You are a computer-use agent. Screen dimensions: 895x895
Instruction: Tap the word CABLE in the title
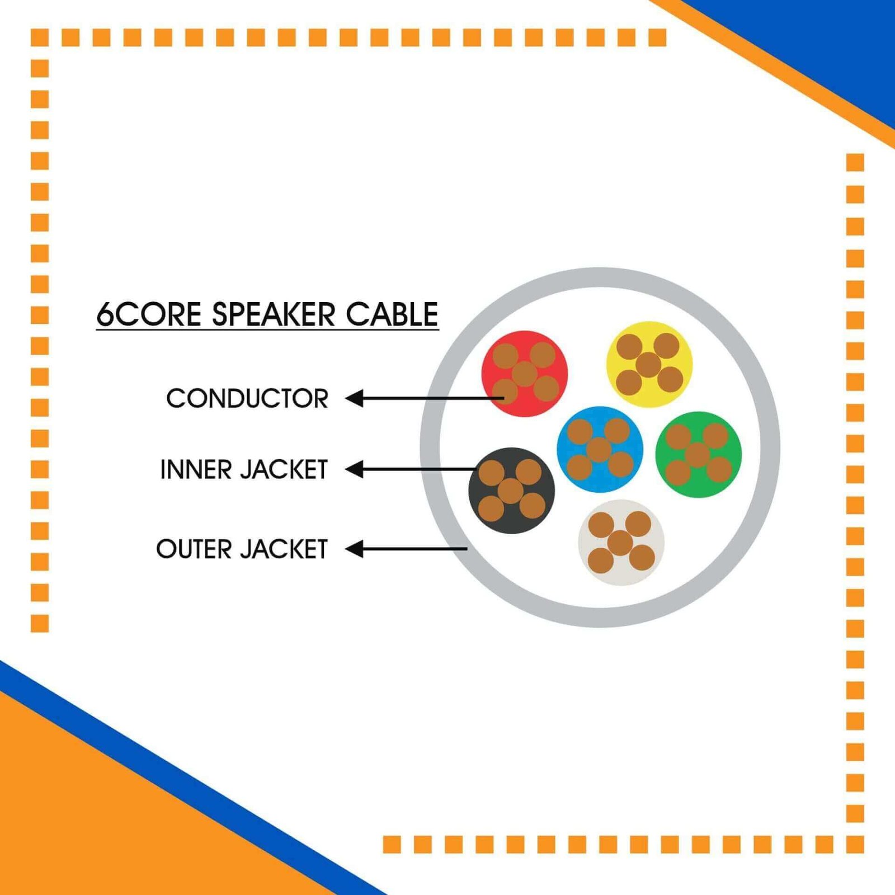(392, 314)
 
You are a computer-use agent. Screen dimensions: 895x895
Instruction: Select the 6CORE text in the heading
(148, 314)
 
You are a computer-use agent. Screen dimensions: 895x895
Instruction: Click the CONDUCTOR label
(247, 398)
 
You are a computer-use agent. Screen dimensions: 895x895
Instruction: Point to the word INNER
(195, 469)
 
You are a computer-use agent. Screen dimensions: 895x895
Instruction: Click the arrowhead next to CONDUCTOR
(354, 398)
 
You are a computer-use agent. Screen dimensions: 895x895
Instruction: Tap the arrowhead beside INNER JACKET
(354, 469)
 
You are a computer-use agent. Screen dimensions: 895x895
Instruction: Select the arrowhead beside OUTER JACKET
(354, 549)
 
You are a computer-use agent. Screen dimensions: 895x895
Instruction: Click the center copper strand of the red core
(525, 374)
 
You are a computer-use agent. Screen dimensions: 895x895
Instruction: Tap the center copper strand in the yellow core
(649, 365)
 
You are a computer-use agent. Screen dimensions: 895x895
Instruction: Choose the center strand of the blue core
(599, 450)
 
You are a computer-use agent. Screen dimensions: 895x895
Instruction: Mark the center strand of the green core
(698, 455)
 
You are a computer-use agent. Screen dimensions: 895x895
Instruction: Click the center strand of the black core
(511, 491)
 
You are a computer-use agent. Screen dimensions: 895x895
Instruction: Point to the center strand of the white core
(620, 543)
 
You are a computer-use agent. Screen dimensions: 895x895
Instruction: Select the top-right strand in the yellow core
(666, 346)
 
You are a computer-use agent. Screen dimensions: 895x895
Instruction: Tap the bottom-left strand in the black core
(492, 508)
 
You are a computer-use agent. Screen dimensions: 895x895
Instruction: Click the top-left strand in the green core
(679, 437)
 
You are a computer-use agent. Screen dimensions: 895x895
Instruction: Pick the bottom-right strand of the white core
(642, 558)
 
